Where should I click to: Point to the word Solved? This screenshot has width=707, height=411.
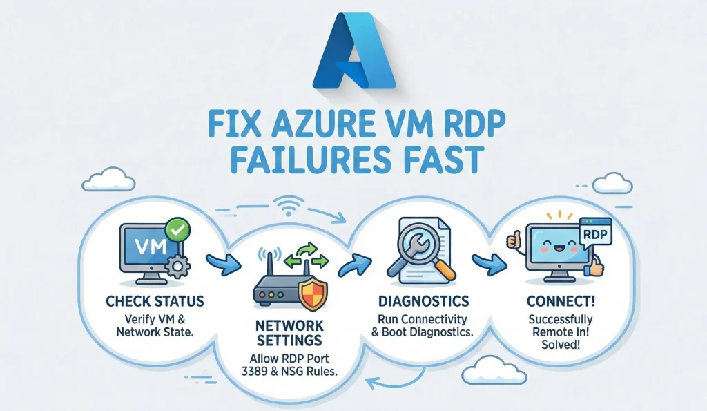560,345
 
